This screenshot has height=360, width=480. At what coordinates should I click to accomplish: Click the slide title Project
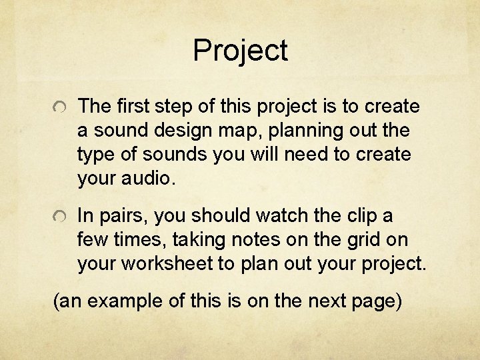coord(240,51)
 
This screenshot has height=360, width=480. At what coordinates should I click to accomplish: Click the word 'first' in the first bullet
coord(132,106)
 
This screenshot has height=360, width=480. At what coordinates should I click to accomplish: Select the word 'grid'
coord(356,240)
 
